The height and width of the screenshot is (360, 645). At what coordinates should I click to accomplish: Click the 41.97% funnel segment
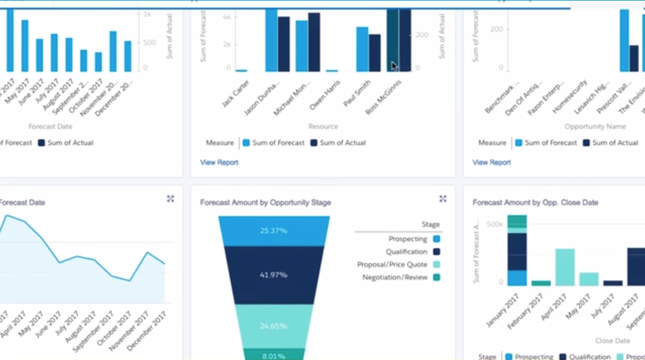click(273, 274)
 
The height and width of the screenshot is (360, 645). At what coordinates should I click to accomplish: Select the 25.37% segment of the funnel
click(273, 231)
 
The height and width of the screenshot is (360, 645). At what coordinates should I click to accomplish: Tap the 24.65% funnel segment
click(273, 326)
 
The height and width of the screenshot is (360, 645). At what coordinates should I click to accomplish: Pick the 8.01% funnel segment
click(273, 355)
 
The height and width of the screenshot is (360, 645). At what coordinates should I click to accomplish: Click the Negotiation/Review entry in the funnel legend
click(395, 277)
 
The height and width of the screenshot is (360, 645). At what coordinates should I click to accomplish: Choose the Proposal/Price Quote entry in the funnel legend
click(393, 264)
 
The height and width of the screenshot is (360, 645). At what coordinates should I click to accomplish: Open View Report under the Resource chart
click(219, 162)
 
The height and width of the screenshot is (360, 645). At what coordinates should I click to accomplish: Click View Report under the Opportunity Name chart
click(491, 162)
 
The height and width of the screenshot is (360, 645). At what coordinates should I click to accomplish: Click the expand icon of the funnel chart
click(443, 199)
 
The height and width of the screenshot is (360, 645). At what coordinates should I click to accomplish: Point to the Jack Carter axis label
click(236, 93)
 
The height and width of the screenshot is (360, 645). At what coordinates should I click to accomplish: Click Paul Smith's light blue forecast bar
click(362, 49)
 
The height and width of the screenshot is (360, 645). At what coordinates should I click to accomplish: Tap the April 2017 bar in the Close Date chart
click(565, 267)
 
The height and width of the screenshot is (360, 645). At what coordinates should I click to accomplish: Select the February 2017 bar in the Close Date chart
click(541, 283)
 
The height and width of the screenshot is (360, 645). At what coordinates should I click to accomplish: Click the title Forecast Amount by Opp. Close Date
click(535, 203)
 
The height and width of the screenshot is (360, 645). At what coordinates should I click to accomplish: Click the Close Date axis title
click(613, 340)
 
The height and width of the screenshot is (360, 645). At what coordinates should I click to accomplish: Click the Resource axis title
click(323, 127)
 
